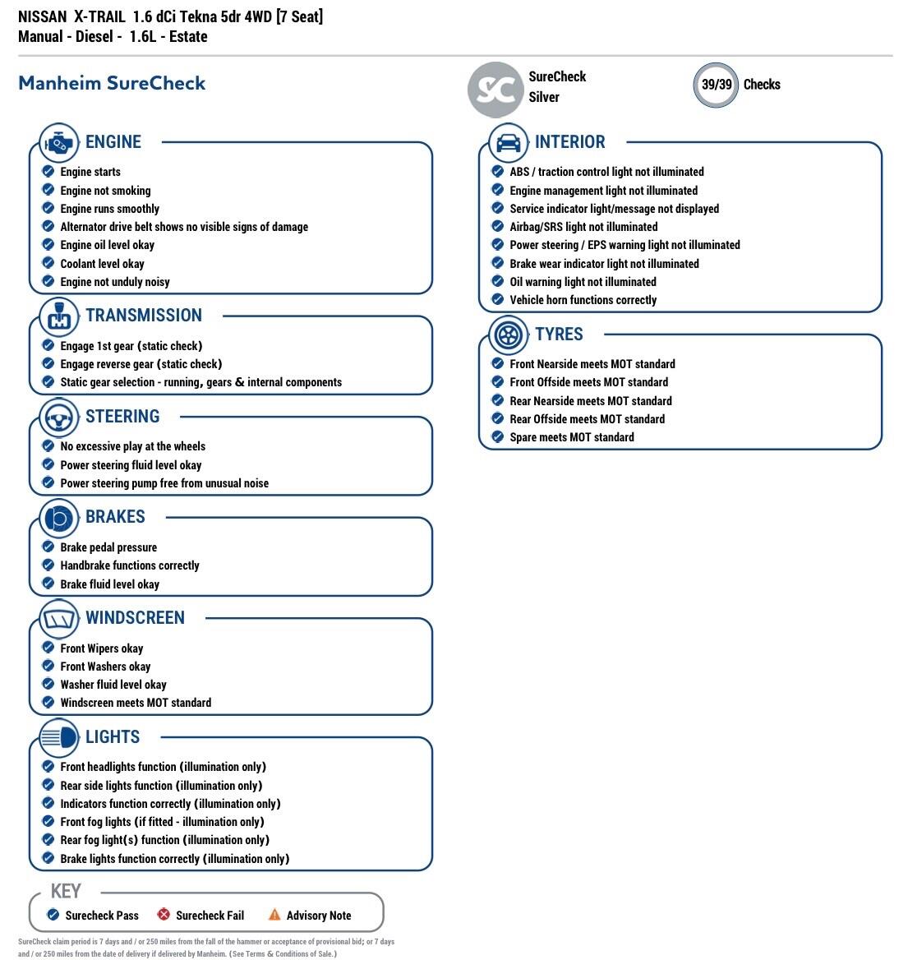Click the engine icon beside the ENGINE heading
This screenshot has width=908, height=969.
pyautogui.click(x=58, y=143)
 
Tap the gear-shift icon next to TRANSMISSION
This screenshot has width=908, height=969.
pyautogui.click(x=58, y=316)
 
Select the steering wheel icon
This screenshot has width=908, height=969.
pyautogui.click(x=58, y=418)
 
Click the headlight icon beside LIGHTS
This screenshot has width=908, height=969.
pyautogui.click(x=58, y=737)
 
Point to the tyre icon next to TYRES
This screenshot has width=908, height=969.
pyautogui.click(x=508, y=335)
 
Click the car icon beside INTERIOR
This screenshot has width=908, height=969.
pyautogui.click(x=508, y=143)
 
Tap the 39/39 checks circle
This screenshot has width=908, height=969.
pyautogui.click(x=716, y=85)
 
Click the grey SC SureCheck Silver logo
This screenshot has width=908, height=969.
pyautogui.click(x=495, y=89)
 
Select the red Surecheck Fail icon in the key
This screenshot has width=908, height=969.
pyautogui.click(x=164, y=915)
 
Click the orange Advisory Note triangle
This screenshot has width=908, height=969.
pyautogui.click(x=274, y=915)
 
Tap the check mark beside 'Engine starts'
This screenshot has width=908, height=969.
pyautogui.click(x=48, y=171)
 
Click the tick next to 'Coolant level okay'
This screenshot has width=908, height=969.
pyautogui.click(x=48, y=263)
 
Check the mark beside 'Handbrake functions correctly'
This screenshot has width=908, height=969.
pyautogui.click(x=48, y=565)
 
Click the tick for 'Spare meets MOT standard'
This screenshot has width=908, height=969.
pyautogui.click(x=497, y=436)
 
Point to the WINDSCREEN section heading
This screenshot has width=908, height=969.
pyautogui.click(x=135, y=618)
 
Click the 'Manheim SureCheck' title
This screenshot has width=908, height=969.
pyautogui.click(x=112, y=83)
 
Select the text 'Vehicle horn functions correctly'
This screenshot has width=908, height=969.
pyautogui.click(x=583, y=300)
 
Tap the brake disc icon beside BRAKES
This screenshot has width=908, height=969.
pyautogui.click(x=58, y=518)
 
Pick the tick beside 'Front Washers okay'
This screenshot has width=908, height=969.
pyautogui.click(x=48, y=666)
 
